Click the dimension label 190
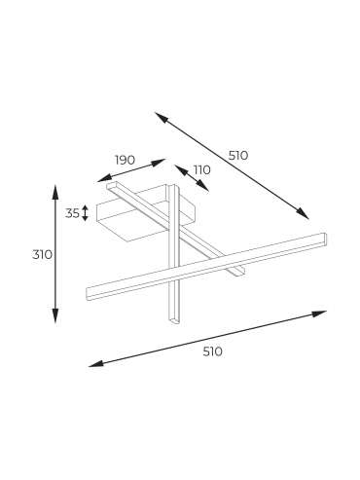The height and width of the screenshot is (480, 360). pyautogui.click(x=125, y=160)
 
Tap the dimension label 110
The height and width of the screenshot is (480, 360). pyautogui.click(x=202, y=169)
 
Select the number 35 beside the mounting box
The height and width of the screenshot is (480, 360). pyautogui.click(x=72, y=213)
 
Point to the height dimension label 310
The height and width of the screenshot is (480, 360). pyautogui.click(x=42, y=255)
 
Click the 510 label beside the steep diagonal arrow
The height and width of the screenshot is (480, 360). pyautogui.click(x=238, y=156)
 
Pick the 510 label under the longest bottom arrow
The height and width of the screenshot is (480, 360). pyautogui.click(x=213, y=351)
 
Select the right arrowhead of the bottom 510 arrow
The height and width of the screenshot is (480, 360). pyautogui.click(x=320, y=314)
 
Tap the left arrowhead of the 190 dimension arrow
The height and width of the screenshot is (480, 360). pyautogui.click(x=102, y=179)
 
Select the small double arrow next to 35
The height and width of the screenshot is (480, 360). pyautogui.click(x=85, y=213)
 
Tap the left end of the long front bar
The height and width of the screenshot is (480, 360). pyautogui.click(x=87, y=294)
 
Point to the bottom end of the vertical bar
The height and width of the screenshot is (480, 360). pyautogui.click(x=174, y=320)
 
